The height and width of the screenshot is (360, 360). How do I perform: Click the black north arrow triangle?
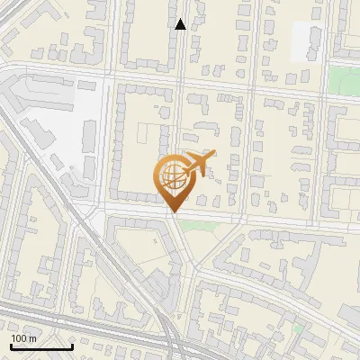click(180, 24)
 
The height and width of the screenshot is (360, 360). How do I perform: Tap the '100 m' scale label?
click(23, 337)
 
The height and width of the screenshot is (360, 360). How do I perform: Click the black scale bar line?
click(41, 346)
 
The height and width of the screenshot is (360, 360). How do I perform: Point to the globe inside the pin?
click(172, 177)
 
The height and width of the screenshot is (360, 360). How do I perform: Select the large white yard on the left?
click(63, 126)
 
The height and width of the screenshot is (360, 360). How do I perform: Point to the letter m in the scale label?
click(31, 337)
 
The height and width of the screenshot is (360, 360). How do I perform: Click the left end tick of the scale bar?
click(11, 345)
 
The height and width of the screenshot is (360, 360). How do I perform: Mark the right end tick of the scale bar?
click(72, 345)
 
